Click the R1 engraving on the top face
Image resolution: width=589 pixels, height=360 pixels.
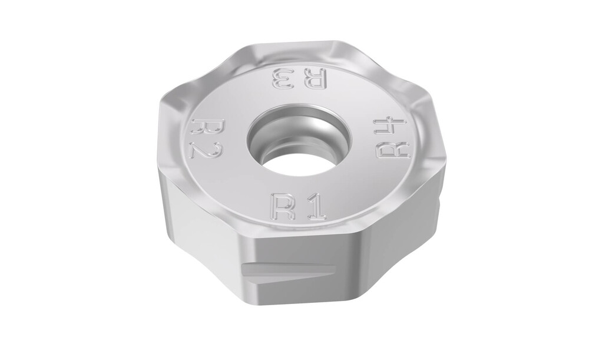[298, 206]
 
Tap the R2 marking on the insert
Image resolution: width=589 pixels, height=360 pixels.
[208, 138]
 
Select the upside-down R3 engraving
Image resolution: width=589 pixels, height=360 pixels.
[299, 78]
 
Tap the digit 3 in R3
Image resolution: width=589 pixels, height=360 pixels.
[283, 78]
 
